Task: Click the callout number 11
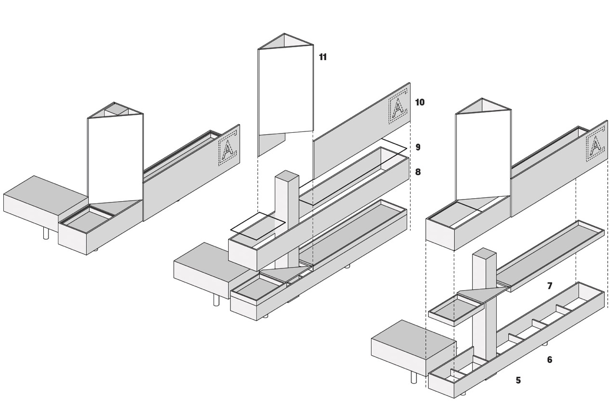click(x=322, y=57)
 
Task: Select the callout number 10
click(x=420, y=102)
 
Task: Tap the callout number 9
click(x=418, y=147)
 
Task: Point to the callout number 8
click(x=418, y=172)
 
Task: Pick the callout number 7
click(x=550, y=286)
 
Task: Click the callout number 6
click(x=550, y=359)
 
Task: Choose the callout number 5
click(x=518, y=380)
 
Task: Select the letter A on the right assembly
click(x=595, y=145)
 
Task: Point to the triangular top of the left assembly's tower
click(x=115, y=110)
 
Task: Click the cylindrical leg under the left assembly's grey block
click(x=47, y=233)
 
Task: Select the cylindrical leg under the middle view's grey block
click(x=217, y=300)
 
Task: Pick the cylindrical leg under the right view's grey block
click(x=413, y=378)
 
